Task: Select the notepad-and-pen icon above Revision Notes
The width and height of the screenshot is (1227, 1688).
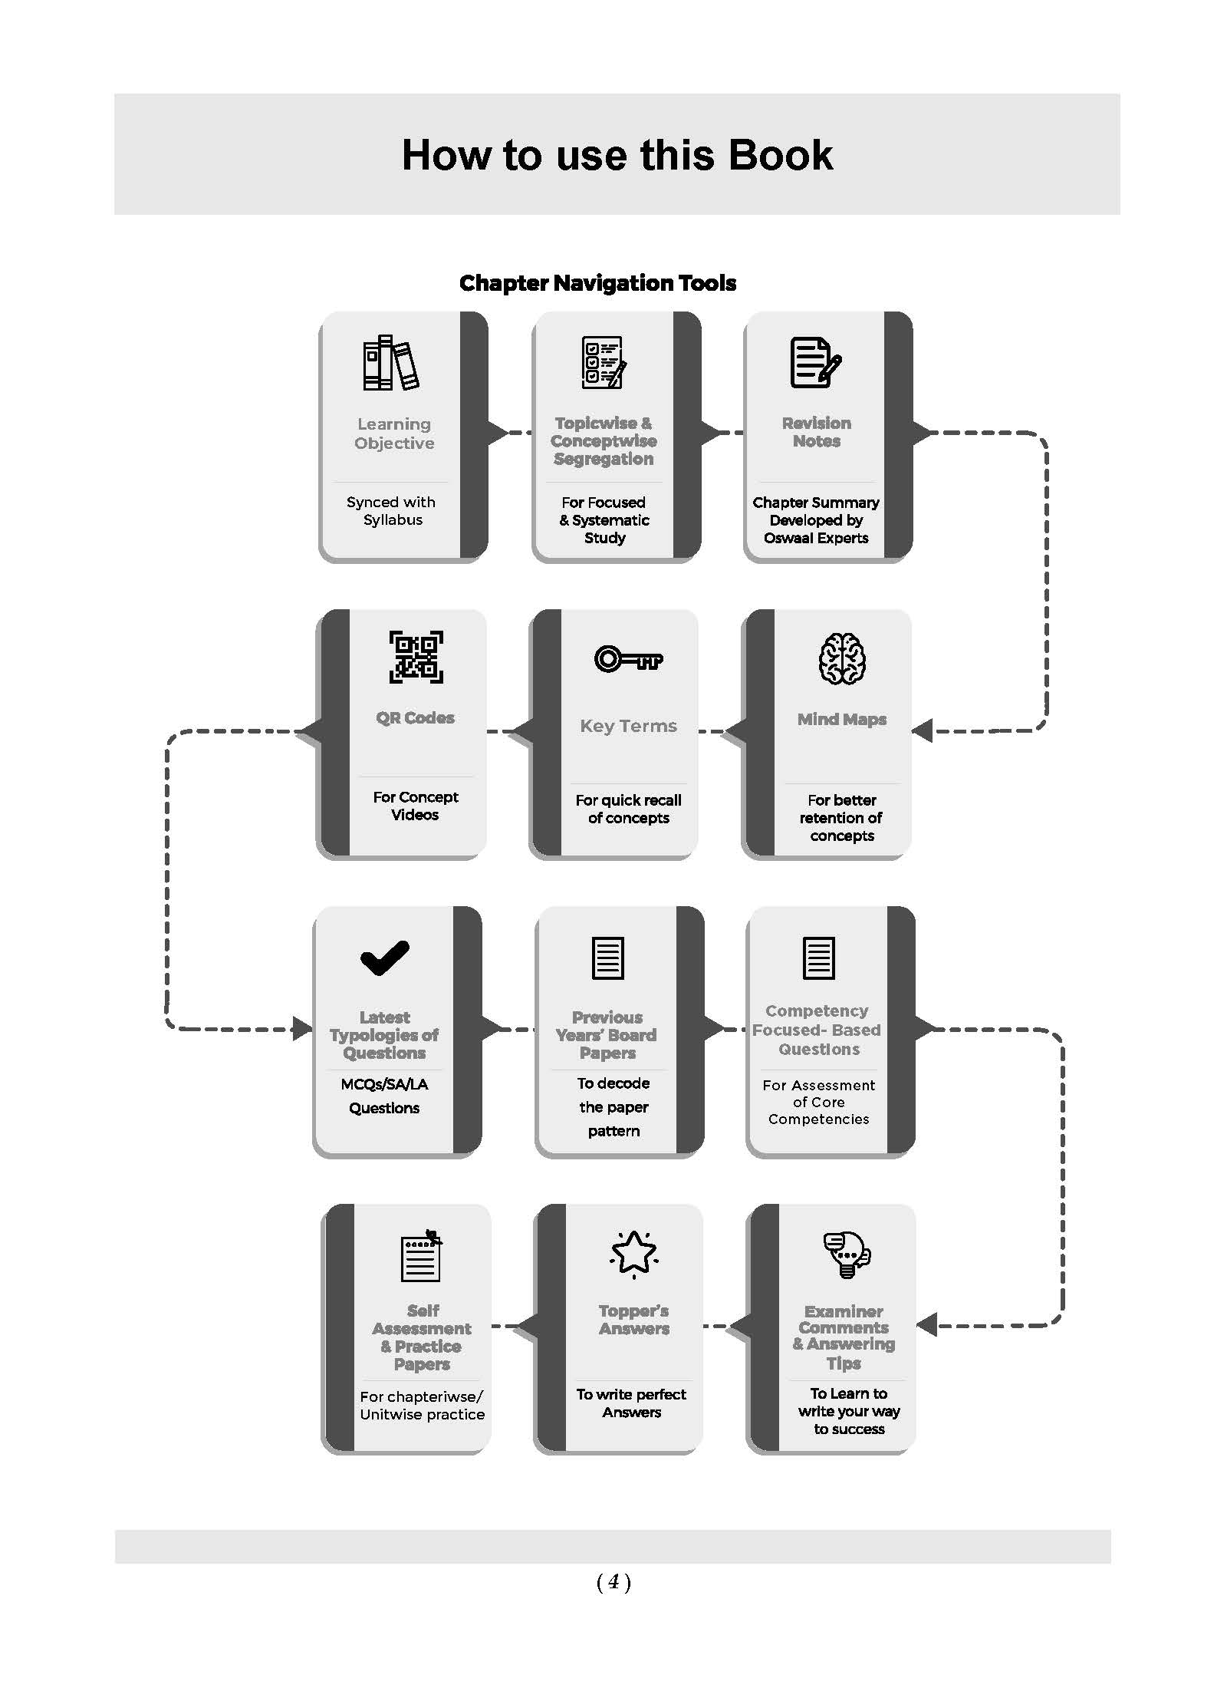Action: click(816, 362)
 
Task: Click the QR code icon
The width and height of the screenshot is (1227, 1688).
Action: click(416, 657)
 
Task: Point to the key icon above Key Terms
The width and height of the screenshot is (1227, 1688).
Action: click(628, 658)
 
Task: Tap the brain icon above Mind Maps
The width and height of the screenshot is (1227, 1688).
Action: click(842, 658)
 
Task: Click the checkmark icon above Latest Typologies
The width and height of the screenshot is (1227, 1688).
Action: click(384, 958)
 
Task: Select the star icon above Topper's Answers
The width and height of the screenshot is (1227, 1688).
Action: click(633, 1254)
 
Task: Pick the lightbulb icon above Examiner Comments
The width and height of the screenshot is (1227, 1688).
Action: click(847, 1254)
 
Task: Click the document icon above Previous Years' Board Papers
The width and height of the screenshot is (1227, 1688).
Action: click(608, 958)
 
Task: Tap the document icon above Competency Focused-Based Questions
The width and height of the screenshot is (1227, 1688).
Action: click(818, 958)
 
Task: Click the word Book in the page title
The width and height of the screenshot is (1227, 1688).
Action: click(780, 155)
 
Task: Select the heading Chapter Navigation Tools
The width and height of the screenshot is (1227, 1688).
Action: click(597, 283)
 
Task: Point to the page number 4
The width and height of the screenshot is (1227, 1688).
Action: click(613, 1581)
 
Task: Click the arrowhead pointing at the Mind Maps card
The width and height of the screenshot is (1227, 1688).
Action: click(922, 730)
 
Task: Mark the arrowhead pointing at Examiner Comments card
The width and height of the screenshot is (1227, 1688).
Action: click(927, 1324)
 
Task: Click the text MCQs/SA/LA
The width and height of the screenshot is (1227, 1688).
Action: click(384, 1084)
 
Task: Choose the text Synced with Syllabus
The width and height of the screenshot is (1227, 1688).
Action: click(391, 511)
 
